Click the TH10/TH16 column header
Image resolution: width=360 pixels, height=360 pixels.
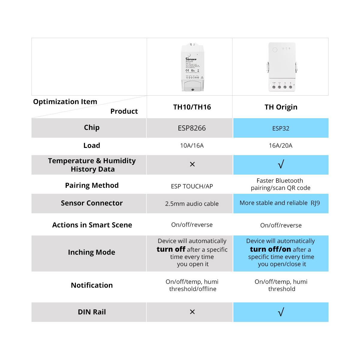pos(192,107)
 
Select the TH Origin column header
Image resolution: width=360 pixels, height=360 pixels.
pos(281,107)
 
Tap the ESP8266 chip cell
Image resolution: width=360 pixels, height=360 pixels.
pos(192,128)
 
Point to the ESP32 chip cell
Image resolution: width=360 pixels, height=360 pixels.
pos(281,128)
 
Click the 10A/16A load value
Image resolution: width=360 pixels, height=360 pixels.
pos(192,145)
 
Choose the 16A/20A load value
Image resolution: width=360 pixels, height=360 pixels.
pos(280,145)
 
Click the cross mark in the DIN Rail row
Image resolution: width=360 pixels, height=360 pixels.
pos(192,312)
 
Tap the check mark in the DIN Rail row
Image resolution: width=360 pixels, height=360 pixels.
pos(281,312)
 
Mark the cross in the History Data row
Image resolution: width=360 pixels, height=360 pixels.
pos(192,164)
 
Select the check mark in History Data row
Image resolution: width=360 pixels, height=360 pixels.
pos(281,164)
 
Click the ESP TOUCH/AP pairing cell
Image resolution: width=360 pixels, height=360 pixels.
pos(192,186)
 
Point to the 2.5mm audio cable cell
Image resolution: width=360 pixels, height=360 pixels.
pos(192,204)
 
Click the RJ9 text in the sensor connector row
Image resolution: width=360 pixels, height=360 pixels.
pos(315,203)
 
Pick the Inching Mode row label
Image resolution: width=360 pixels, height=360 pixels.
pos(91,252)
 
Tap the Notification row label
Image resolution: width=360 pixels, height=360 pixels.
pos(92,285)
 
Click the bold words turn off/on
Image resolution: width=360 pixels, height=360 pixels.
pos(270,249)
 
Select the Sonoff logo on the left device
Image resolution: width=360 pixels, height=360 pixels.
pos(191,59)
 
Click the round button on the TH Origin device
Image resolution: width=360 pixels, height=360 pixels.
pos(275,50)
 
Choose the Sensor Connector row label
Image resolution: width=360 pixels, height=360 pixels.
pos(92,203)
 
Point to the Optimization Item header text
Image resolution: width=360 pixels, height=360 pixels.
pos(65,102)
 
